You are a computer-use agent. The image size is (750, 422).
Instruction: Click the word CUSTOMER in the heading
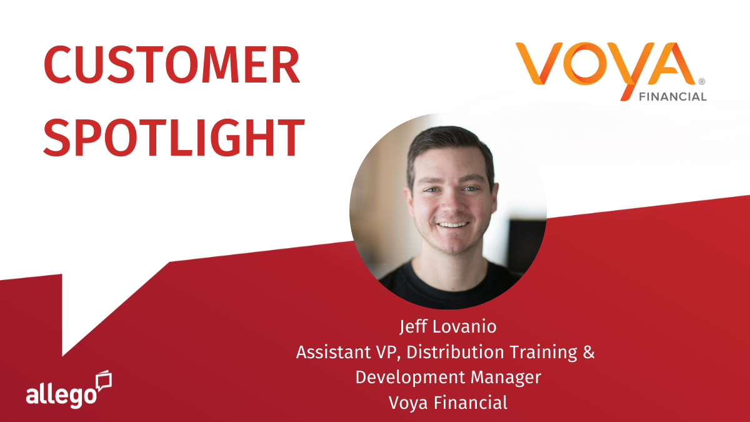click(172, 66)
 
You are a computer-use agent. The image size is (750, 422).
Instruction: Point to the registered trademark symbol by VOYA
click(701, 82)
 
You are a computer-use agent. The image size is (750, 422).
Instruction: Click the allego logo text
click(61, 395)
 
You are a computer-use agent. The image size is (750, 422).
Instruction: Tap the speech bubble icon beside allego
click(103, 381)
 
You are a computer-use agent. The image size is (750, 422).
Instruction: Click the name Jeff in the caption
click(411, 327)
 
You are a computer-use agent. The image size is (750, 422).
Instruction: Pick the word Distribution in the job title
click(451, 352)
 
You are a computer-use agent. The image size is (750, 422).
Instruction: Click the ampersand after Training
click(587, 352)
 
